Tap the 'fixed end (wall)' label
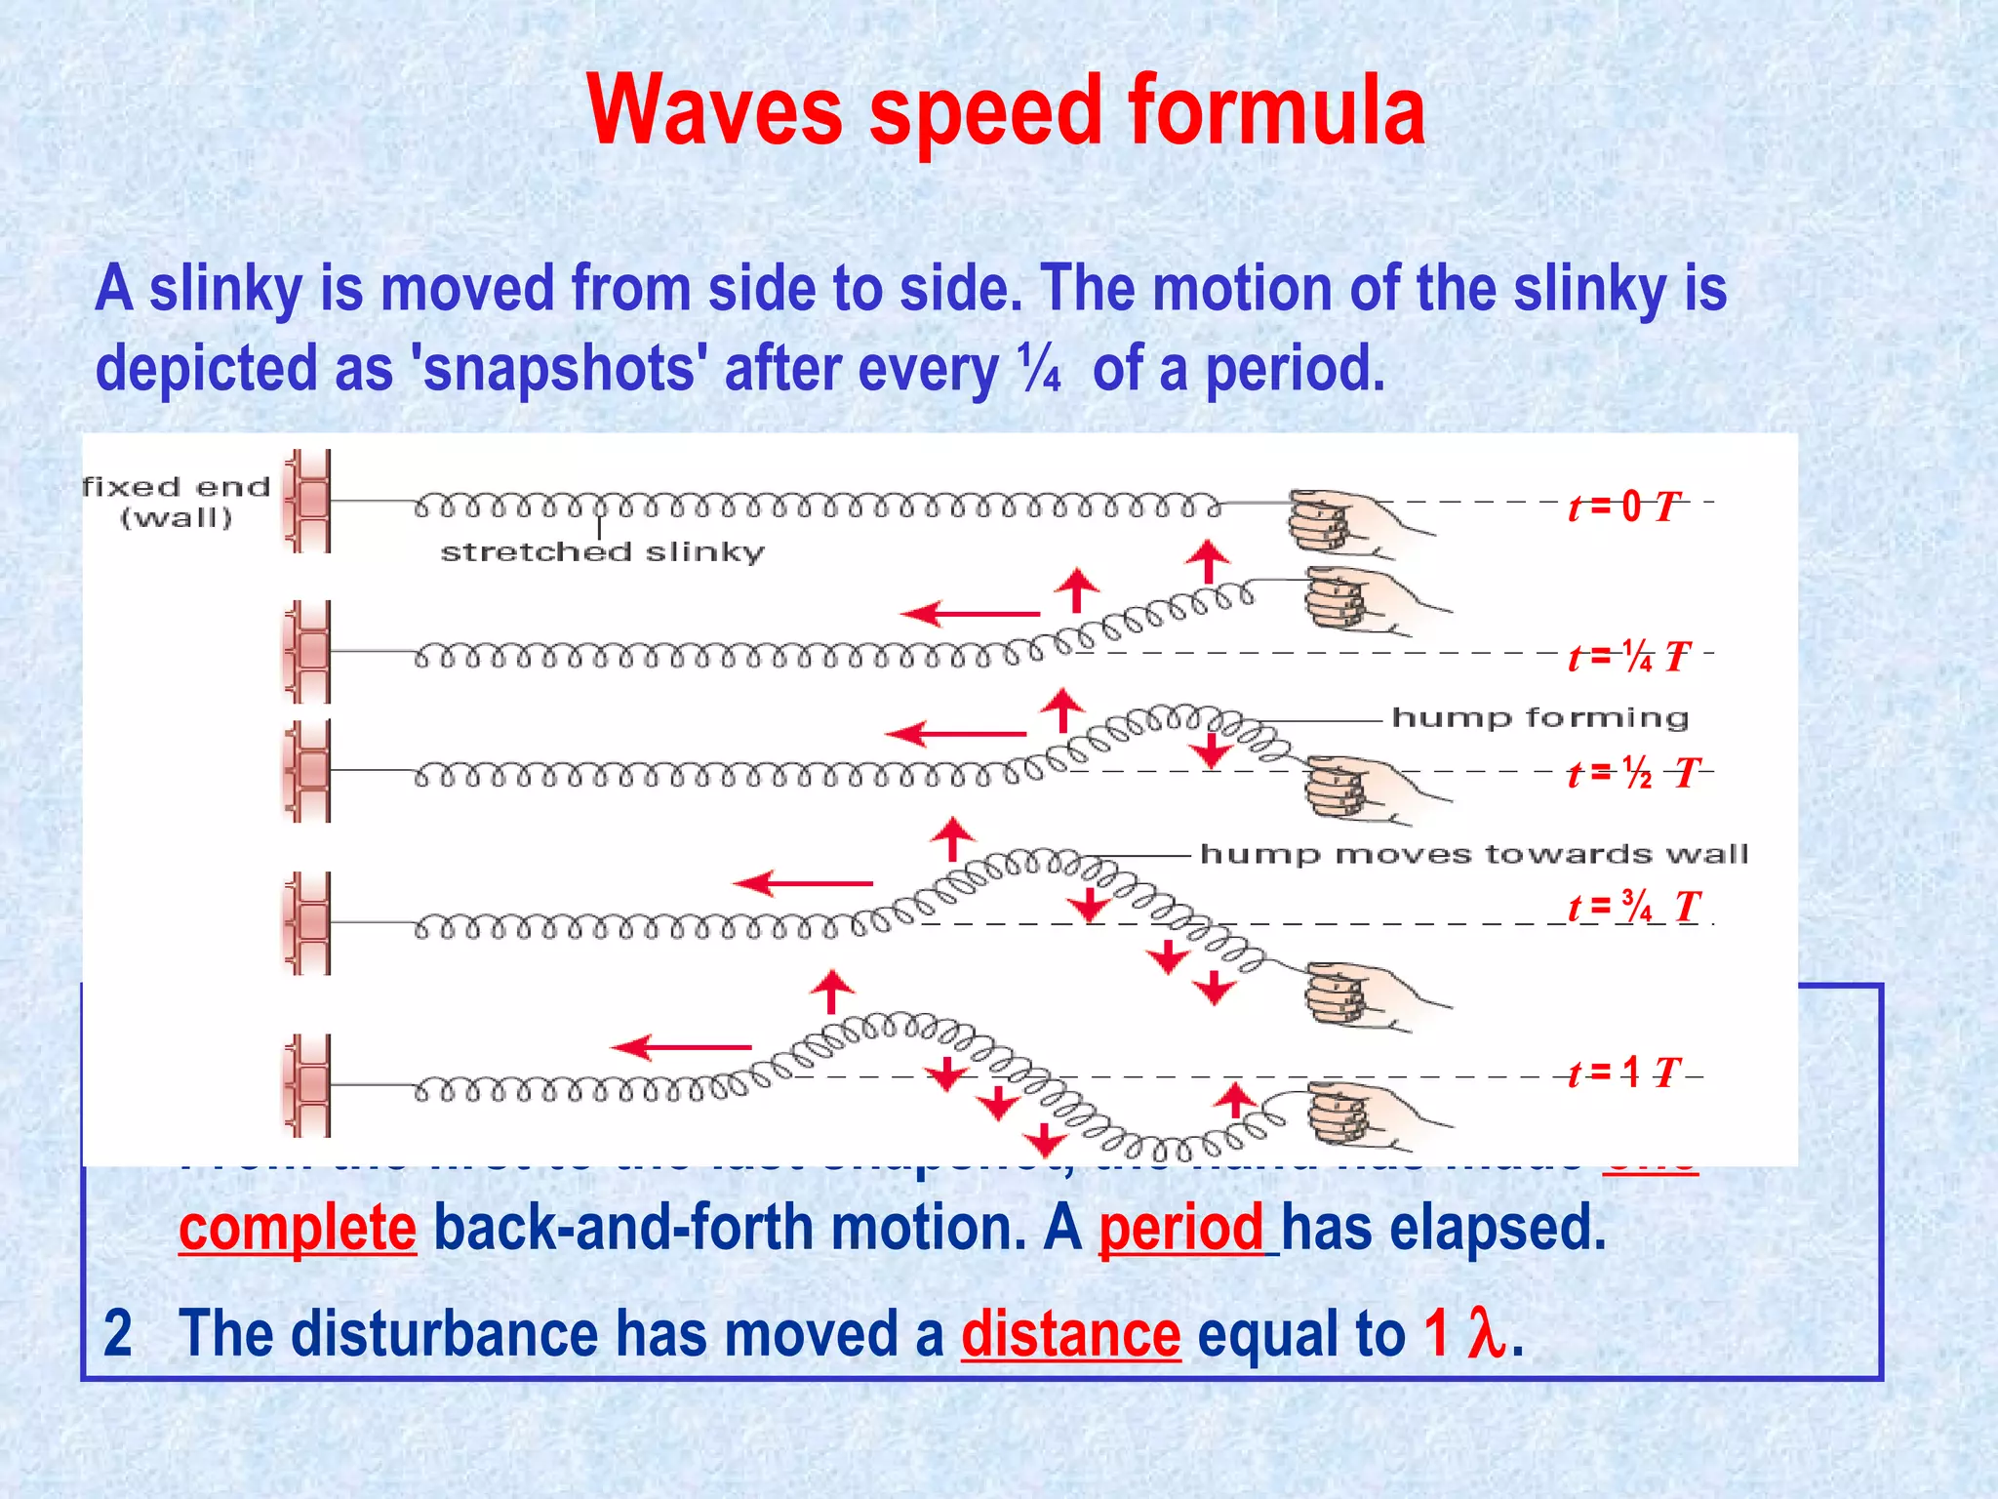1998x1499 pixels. coord(177,502)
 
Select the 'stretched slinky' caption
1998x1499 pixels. coord(602,552)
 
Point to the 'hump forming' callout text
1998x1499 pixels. coord(1539,718)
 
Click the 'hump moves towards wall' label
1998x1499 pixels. coord(1473,855)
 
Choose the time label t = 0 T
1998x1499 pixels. coord(1624,506)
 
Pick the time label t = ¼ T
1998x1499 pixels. coord(1628,657)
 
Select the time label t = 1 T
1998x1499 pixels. coord(1624,1074)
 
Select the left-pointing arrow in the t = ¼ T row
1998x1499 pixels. coord(970,614)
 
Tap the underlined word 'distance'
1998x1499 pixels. coord(1070,1334)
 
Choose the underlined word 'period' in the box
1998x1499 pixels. coord(1180,1228)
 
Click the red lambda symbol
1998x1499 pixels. coord(1486,1334)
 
